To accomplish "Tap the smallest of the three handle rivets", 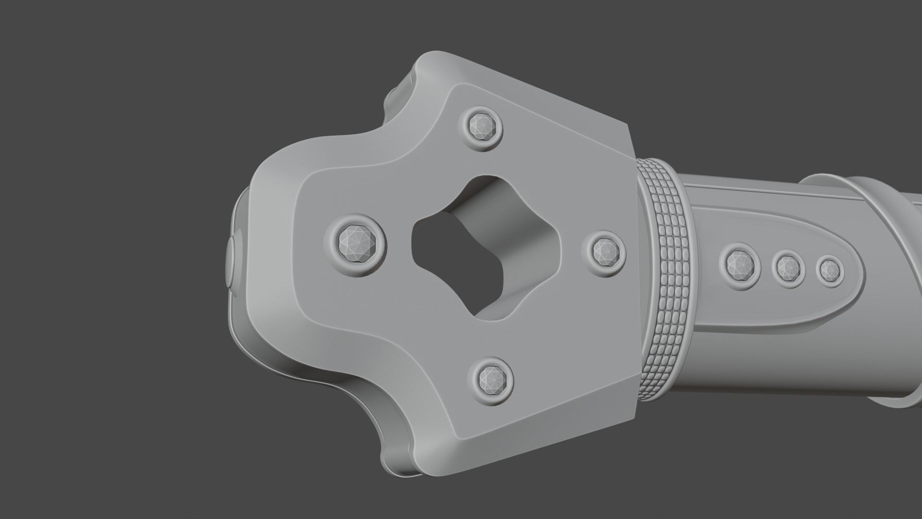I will click(x=830, y=271).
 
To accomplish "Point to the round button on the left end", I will click(x=231, y=262).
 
